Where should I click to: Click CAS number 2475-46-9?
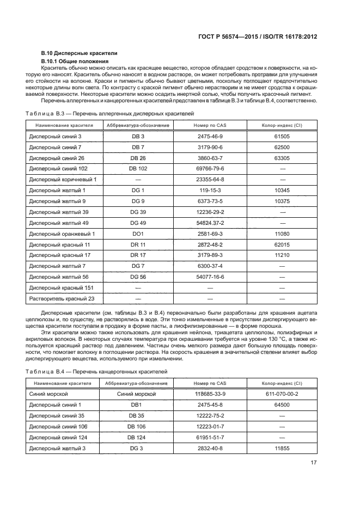(x=210, y=137)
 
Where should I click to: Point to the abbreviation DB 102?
(x=138, y=168)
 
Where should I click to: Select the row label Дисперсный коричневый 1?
(x=63, y=179)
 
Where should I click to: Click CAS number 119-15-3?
(x=210, y=190)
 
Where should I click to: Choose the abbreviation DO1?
(x=138, y=234)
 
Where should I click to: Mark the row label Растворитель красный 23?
(x=62, y=298)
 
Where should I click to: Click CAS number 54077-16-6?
(x=210, y=277)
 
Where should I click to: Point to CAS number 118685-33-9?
(x=210, y=393)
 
